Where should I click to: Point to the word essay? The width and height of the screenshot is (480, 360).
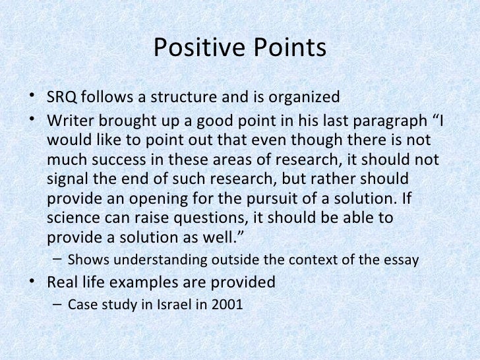coord(402,260)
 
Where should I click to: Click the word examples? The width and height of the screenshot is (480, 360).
coord(154,283)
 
